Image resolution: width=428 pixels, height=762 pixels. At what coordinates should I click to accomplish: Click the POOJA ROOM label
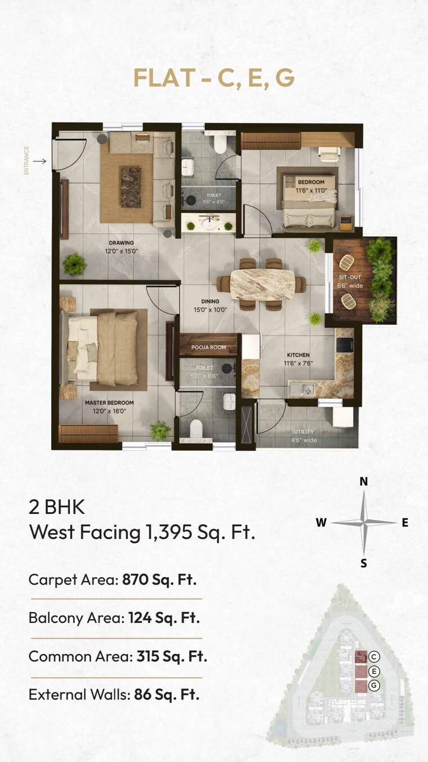click(208, 347)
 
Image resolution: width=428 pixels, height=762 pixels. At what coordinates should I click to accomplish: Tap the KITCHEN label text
click(298, 355)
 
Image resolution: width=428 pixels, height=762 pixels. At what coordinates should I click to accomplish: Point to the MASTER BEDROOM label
click(109, 403)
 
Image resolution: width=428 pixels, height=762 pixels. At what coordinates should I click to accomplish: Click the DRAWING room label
click(121, 243)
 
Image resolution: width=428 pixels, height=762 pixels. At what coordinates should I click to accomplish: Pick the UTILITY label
click(303, 432)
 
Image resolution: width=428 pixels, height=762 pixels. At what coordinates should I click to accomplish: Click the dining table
click(263, 284)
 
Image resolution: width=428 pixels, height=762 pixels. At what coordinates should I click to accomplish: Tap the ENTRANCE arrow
click(39, 161)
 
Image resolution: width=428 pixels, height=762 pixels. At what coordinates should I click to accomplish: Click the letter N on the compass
click(364, 481)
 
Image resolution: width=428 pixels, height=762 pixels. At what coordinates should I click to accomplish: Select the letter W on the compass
click(321, 522)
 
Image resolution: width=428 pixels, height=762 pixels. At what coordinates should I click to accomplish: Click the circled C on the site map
click(375, 657)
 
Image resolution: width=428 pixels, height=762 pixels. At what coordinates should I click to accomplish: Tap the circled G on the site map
click(375, 685)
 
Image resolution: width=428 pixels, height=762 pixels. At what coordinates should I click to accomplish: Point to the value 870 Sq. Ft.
click(159, 579)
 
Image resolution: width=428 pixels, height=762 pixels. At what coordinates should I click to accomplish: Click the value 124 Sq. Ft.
click(164, 618)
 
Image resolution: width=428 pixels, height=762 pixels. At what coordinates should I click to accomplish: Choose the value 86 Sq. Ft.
click(167, 694)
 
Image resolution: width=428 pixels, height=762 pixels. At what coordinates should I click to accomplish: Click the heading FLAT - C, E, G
click(214, 79)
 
